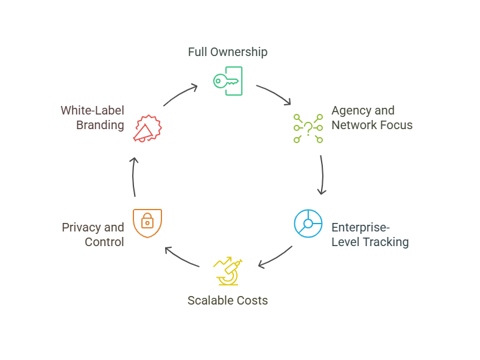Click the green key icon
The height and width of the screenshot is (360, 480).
(227, 80)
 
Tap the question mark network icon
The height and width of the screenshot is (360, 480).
(308, 128)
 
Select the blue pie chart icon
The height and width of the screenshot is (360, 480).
(308, 224)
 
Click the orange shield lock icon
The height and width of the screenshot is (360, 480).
(147, 223)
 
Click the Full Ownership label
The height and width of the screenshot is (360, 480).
(227, 52)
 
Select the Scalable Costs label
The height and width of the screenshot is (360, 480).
(227, 300)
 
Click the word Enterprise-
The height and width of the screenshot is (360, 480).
(361, 227)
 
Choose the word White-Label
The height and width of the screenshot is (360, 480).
(92, 110)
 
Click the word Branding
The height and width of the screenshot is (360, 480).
(100, 125)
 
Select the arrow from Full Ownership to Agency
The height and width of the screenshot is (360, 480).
(275, 95)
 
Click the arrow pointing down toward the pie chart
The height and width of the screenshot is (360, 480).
(322, 175)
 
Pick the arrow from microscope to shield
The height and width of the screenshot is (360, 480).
(182, 257)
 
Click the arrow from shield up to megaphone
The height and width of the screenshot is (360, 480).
(135, 177)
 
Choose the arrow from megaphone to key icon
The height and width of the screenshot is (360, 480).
(180, 94)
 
